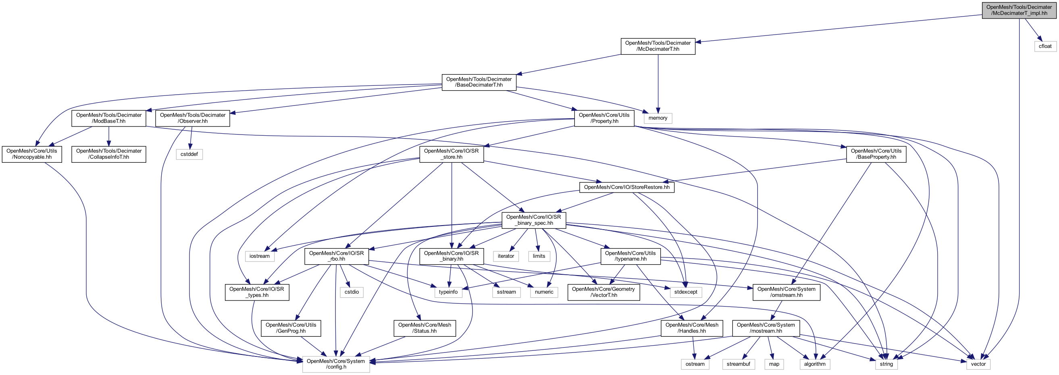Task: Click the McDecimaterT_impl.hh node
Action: click(1019, 10)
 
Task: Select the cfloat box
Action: click(1045, 46)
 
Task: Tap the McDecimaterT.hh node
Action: click(658, 46)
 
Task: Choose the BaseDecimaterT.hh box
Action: click(479, 82)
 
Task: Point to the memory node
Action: click(658, 118)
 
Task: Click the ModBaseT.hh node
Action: click(108, 118)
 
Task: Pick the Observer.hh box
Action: click(192, 118)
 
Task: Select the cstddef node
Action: click(189, 154)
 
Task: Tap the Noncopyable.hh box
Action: click(32, 154)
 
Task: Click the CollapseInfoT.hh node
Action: click(108, 154)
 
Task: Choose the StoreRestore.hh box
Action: click(626, 187)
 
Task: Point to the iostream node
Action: click(259, 256)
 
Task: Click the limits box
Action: click(539, 256)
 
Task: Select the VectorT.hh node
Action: click(603, 292)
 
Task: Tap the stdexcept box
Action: click(686, 292)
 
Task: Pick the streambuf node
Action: click(739, 364)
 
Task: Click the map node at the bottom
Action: click(774, 364)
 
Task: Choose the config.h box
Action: click(336, 364)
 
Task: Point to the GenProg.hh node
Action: click(291, 328)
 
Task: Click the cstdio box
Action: click(352, 292)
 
